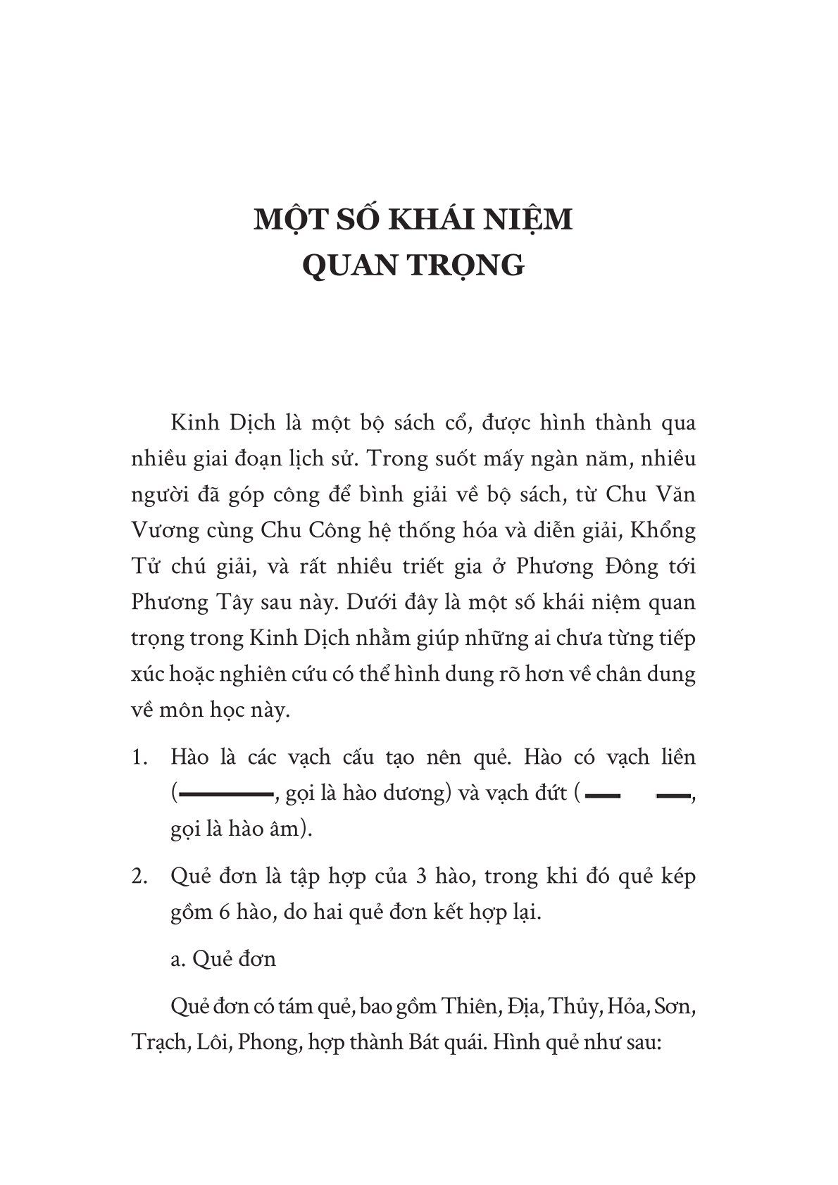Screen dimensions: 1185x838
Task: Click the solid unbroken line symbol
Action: click(x=227, y=794)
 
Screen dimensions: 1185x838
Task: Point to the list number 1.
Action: click(x=139, y=758)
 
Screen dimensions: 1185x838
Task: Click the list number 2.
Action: click(x=139, y=877)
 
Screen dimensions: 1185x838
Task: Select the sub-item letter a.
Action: click(x=175, y=960)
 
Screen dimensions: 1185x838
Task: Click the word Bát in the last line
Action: click(x=422, y=1043)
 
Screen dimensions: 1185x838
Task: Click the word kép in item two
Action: click(x=677, y=877)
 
